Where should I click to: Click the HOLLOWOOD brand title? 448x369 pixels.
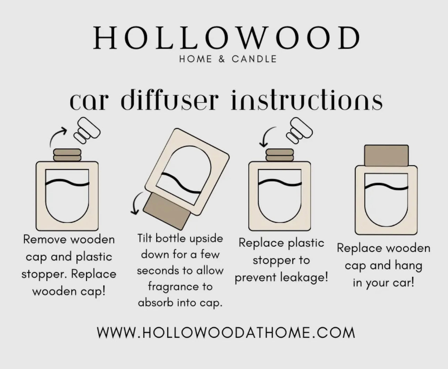coord(226,38)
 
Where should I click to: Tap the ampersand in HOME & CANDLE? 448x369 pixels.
coord(222,59)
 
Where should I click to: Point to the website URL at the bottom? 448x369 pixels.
coord(226,333)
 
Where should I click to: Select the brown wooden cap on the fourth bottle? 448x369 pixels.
coord(386,156)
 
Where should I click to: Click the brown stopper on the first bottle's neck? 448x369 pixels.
coord(67,155)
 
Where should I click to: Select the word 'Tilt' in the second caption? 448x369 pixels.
coord(145,238)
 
